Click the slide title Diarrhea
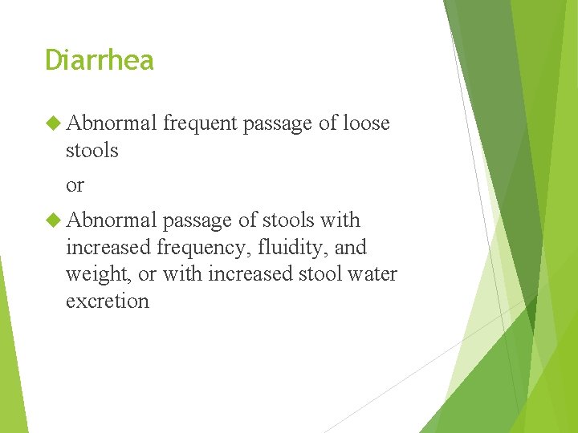[99, 60]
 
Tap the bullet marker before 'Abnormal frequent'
[53, 123]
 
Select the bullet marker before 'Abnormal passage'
[53, 220]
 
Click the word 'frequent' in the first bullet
[200, 123]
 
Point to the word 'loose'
[365, 123]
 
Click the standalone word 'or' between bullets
[75, 185]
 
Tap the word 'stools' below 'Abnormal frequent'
[92, 150]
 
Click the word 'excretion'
[107, 301]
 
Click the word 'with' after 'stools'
[341, 220]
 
